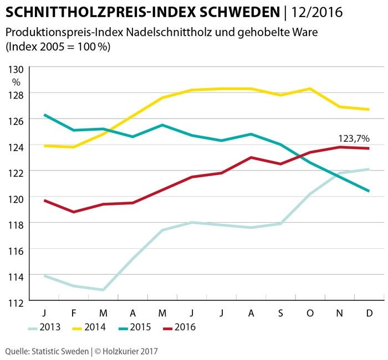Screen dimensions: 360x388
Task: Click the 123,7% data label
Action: click(354, 138)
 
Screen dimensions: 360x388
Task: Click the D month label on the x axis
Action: click(370, 313)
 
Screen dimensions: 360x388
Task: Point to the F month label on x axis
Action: click(73, 313)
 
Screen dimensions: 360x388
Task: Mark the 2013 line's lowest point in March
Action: click(103, 290)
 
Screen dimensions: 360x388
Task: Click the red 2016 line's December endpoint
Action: click(369, 148)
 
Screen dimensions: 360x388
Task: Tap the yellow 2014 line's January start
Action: click(44, 146)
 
